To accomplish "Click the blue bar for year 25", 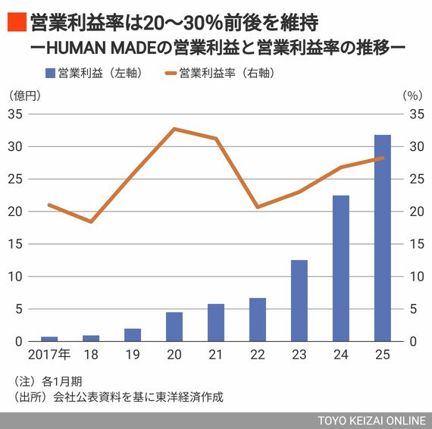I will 382,238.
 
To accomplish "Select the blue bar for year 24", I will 341,268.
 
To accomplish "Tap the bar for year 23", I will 299,300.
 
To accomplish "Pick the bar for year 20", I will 174,327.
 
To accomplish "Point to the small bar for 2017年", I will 49,339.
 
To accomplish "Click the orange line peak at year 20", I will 174,129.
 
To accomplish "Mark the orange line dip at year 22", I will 258,207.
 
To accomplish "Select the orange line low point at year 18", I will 91,221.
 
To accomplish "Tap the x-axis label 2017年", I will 50,355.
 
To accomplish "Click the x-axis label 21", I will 216,355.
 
